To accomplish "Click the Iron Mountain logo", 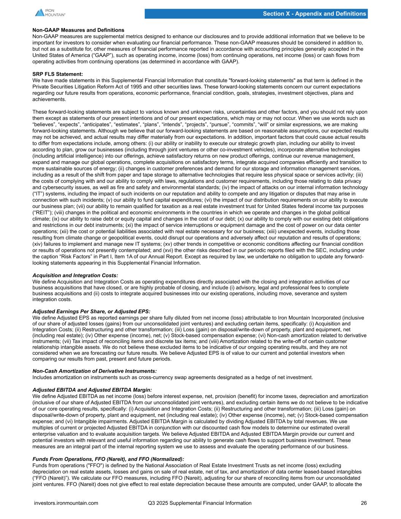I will (x=50, y=12).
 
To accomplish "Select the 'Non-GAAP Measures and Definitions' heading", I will (x=78, y=30).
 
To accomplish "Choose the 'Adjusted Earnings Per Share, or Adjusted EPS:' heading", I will (x=91, y=311).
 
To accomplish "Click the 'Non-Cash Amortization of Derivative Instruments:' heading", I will (x=95, y=371).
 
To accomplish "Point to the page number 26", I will (x=364, y=503).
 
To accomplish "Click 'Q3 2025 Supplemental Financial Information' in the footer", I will (x=200, y=503).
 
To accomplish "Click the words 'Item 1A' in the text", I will (x=123, y=257).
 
